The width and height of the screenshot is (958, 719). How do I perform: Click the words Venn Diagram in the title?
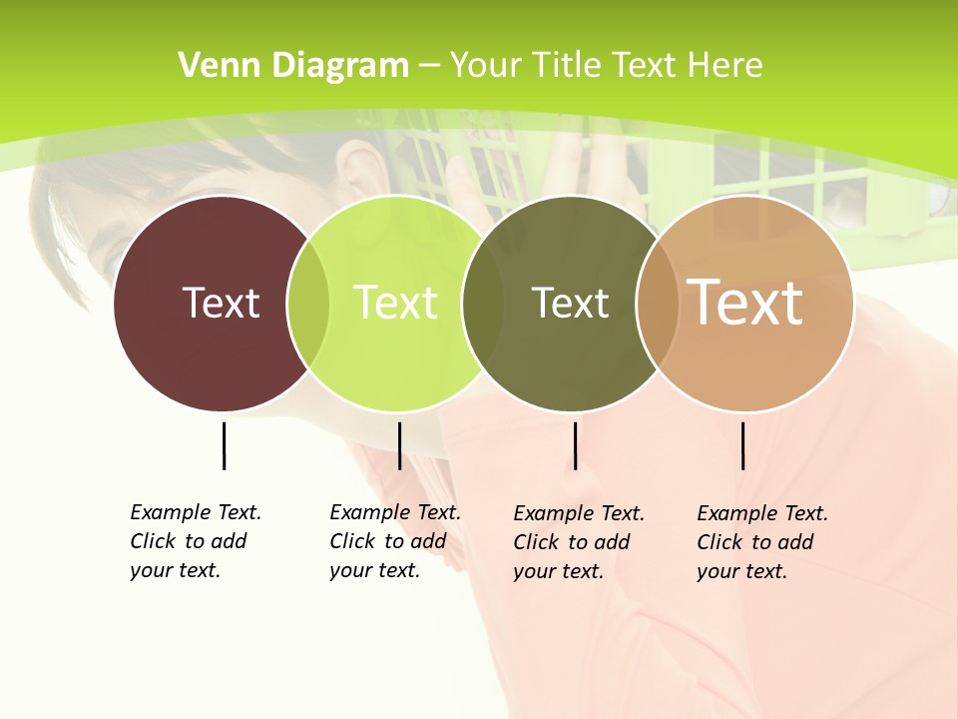coord(293,66)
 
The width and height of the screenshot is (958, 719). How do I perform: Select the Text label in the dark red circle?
coord(221,303)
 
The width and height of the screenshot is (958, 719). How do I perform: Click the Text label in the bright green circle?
coord(395,303)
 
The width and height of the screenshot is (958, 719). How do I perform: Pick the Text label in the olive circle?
coord(570,303)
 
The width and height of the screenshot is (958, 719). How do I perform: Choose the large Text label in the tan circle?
coord(745,302)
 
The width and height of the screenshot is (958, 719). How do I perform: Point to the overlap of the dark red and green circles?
coord(308,304)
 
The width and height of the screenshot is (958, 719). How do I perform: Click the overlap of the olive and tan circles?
coord(657,304)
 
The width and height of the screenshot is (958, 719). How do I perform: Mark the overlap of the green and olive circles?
coord(483,304)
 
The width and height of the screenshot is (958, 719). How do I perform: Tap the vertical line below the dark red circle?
coord(224,445)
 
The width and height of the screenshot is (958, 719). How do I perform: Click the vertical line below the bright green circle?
coord(399,445)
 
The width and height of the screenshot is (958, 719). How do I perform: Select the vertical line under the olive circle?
coord(575,445)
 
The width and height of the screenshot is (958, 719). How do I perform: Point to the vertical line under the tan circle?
coord(742,445)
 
